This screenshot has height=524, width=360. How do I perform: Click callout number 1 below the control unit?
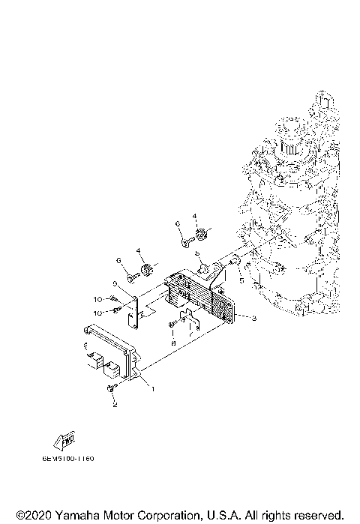153,388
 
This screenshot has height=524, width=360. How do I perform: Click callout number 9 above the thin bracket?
115,284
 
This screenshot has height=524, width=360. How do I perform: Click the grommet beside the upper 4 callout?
201,240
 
